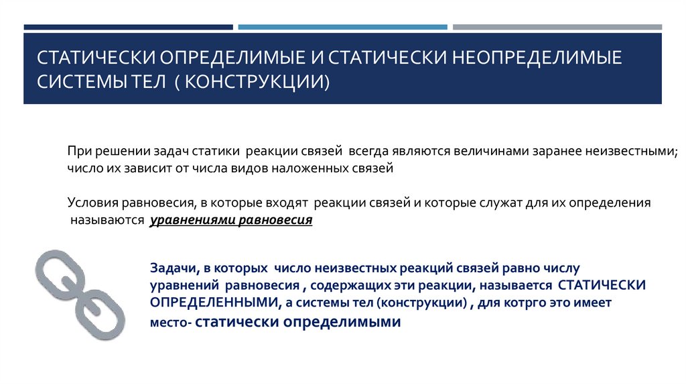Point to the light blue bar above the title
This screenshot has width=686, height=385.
point(342,27)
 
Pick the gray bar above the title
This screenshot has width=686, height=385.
point(557,27)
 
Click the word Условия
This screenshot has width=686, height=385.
point(91,202)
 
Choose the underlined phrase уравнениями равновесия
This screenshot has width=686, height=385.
point(231,219)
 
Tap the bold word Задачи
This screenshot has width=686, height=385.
point(172,268)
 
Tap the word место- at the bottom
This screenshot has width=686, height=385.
point(170,323)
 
